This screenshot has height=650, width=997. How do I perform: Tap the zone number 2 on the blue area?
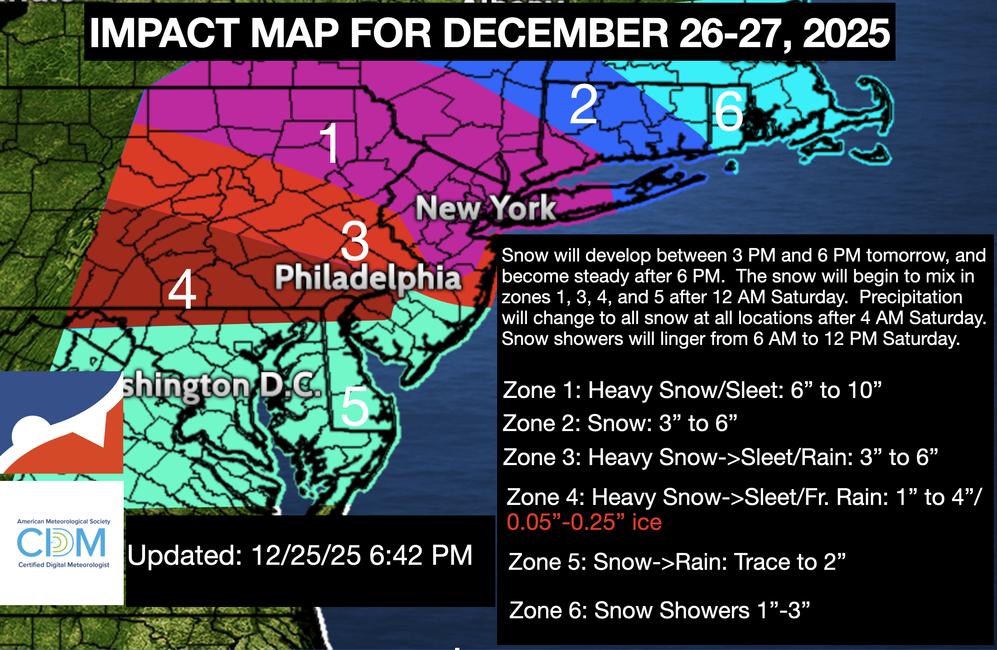[x=584, y=105]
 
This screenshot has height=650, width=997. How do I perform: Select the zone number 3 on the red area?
[x=355, y=241]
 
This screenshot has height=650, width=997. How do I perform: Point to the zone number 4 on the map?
[x=182, y=289]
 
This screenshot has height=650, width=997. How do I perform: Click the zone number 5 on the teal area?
[x=355, y=407]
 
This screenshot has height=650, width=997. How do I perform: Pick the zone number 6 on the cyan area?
[x=729, y=112]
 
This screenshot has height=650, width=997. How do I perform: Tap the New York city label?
[x=486, y=209]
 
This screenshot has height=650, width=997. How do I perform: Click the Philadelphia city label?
[x=368, y=277]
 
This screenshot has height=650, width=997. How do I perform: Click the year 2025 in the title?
[x=846, y=34]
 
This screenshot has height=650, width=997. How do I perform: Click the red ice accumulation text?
[x=584, y=522]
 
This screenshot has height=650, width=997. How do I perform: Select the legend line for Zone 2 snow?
[x=619, y=423]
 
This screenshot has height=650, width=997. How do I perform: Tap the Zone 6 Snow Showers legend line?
[x=659, y=610]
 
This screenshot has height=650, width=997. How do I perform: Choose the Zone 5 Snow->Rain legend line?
[x=677, y=562]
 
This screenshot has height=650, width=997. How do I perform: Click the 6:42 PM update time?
[x=421, y=555]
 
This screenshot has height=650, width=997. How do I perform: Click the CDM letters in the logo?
[x=62, y=543]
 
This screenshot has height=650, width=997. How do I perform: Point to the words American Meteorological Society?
[x=63, y=521]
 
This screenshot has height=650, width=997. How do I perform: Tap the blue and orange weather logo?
[x=62, y=422]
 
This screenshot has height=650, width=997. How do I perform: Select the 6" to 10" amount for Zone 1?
[x=836, y=390]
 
